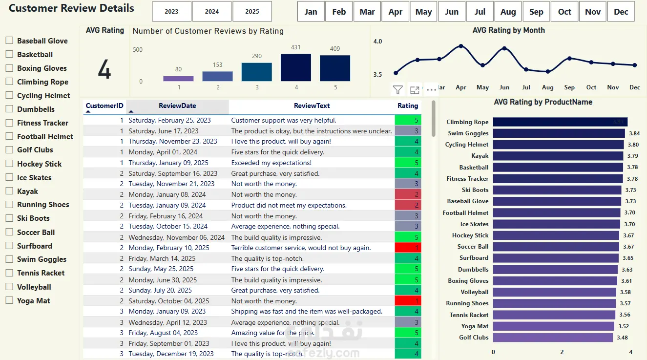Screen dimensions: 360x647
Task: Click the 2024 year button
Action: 211,12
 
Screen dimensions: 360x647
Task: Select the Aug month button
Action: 508,12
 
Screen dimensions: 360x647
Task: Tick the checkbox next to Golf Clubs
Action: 9,150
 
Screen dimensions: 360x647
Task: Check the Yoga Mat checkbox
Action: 9,300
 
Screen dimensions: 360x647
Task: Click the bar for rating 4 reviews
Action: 295,67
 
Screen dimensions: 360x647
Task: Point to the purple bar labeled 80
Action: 178,78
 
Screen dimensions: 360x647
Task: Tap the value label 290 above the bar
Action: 257,56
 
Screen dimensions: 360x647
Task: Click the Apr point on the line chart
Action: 461,46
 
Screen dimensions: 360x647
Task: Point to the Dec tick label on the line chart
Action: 634,87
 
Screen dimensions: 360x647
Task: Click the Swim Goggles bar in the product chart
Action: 559,133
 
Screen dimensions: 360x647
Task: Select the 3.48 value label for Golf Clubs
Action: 622,338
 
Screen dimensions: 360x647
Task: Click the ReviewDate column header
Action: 177,106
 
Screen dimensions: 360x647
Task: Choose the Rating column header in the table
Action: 408,106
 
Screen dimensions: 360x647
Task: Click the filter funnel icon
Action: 398,90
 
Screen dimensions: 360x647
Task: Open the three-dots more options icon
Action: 431,90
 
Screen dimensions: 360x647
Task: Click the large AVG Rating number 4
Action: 104,70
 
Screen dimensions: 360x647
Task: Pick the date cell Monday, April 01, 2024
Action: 163,152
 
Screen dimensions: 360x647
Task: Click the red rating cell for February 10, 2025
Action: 408,248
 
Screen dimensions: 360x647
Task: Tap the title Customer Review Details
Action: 71,8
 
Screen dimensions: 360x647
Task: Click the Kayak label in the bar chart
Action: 480,156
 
